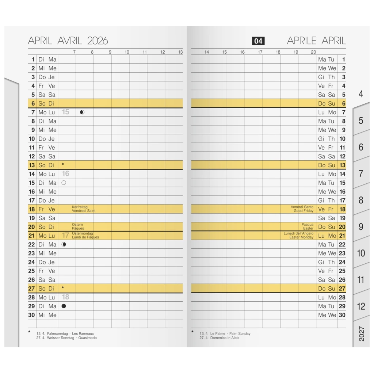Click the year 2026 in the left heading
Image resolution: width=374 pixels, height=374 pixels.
coord(98,41)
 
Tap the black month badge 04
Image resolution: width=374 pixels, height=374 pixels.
coord(258,41)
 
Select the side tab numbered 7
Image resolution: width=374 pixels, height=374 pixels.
coord(361,173)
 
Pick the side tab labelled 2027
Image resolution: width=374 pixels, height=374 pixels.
coord(361,333)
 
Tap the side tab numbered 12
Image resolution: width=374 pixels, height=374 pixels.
coord(361,306)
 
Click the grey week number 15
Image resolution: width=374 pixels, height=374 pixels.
coord(65,112)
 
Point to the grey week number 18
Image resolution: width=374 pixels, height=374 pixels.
coord(66,297)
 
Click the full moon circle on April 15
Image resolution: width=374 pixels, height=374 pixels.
coord(64,183)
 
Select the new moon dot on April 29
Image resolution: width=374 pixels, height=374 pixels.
coord(64,306)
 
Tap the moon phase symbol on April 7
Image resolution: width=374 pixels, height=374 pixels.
coord(82,112)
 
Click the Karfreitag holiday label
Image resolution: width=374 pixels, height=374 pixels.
coord(80,207)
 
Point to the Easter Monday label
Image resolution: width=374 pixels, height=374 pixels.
coord(301,237)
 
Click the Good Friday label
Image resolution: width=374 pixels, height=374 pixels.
coord(304,211)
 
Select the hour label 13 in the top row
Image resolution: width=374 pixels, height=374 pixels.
coord(180,52)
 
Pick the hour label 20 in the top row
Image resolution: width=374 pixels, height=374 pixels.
coord(313,52)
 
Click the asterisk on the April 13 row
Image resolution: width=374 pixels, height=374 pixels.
coord(63,165)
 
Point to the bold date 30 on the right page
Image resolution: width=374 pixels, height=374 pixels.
coord(342,315)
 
